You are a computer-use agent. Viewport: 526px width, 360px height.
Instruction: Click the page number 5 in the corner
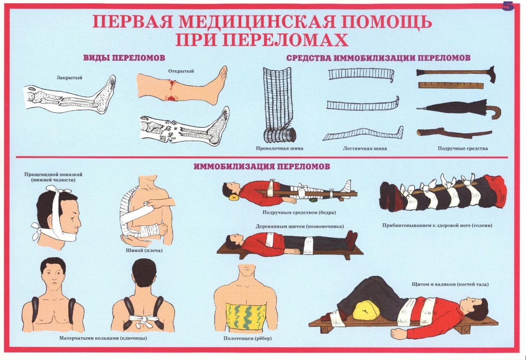pyautogui.click(x=508, y=7)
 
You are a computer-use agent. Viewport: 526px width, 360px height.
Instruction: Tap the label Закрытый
pyautogui.click(x=69, y=78)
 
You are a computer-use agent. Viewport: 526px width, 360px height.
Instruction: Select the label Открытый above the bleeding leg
pyautogui.click(x=181, y=71)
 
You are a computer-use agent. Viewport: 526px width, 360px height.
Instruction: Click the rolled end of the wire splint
pyautogui.click(x=279, y=136)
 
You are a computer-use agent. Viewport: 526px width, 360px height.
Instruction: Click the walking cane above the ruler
pyautogui.click(x=456, y=73)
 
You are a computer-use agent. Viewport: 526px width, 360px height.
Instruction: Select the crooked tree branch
pyautogui.click(x=454, y=133)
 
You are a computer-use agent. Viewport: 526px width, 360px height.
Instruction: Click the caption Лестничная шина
pyautogui.click(x=365, y=148)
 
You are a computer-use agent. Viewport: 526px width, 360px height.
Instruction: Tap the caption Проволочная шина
pyautogui.click(x=279, y=148)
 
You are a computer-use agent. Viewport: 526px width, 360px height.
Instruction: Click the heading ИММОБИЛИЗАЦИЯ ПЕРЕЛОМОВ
pyautogui.click(x=262, y=166)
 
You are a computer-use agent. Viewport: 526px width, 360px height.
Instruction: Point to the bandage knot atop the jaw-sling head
pyautogui.click(x=57, y=189)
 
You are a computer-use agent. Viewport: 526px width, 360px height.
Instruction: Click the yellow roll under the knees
pyautogui.click(x=366, y=310)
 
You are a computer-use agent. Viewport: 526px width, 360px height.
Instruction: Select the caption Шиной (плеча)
pyautogui.click(x=144, y=250)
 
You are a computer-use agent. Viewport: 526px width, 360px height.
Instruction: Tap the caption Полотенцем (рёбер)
pyautogui.click(x=247, y=338)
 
